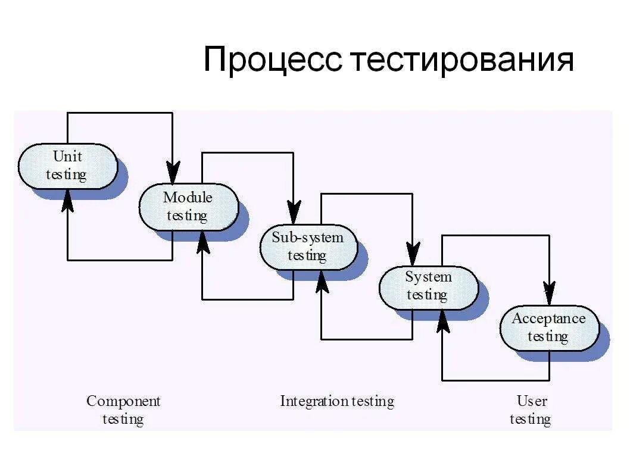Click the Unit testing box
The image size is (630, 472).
click(67, 166)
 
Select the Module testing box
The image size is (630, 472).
click(188, 206)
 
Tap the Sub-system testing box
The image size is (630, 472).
click(308, 246)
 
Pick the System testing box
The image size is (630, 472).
click(428, 286)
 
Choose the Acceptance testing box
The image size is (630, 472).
click(548, 327)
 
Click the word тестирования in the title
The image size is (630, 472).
click(461, 61)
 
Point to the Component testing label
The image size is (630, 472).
click(123, 410)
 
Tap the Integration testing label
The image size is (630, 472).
click(337, 401)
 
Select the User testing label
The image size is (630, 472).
click(531, 410)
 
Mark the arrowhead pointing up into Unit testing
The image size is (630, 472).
click(68, 201)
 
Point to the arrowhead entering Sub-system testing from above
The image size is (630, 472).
click(294, 212)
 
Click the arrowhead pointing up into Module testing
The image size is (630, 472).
click(203, 241)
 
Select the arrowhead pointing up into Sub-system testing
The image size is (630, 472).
click(322, 281)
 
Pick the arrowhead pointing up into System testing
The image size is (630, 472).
click(442, 321)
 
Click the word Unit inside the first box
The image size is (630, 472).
click(67, 157)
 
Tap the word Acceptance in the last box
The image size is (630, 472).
click(548, 318)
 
